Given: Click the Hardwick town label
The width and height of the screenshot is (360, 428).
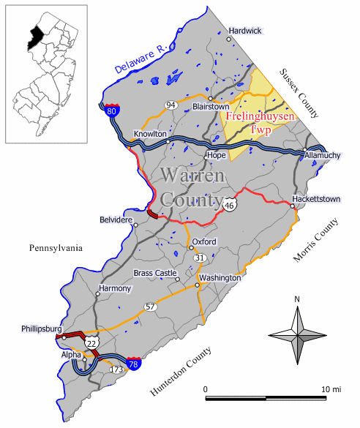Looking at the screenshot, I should [x=245, y=31].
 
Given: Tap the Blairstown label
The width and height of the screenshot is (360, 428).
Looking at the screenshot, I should [x=211, y=107].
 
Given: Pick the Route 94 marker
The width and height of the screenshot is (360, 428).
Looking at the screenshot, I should [x=171, y=105].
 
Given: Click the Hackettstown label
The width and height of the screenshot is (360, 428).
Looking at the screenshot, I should [x=312, y=198].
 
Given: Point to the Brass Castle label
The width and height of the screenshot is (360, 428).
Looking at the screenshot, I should [x=155, y=273].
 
